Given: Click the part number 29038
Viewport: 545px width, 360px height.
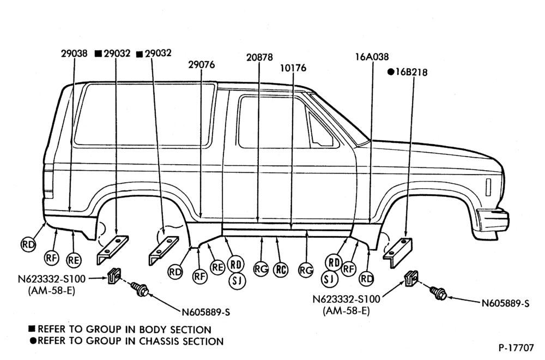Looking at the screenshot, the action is click(x=74, y=53).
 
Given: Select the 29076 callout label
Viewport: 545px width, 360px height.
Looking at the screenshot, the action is click(x=202, y=65).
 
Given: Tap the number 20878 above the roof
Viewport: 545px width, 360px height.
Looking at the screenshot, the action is click(x=259, y=57).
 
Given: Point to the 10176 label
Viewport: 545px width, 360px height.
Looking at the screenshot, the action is click(x=293, y=68).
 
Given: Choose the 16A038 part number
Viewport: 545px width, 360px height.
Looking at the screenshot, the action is click(x=372, y=57).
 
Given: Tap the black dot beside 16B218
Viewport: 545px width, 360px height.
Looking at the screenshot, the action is click(x=391, y=72).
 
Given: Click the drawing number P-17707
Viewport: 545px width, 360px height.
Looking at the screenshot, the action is click(x=516, y=347).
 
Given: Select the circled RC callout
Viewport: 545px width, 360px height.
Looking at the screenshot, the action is click(x=281, y=269).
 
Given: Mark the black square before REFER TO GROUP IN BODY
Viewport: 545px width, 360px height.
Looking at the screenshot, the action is click(x=32, y=329).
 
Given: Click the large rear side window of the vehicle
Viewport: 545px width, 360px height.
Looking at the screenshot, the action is click(x=144, y=114).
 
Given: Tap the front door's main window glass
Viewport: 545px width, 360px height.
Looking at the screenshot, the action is click(x=273, y=122).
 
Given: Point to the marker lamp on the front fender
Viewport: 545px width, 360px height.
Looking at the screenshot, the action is click(x=488, y=187).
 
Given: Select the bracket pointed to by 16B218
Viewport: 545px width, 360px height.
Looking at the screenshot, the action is click(x=397, y=252).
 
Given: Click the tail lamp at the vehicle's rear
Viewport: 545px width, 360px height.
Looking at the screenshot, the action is click(x=49, y=181).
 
